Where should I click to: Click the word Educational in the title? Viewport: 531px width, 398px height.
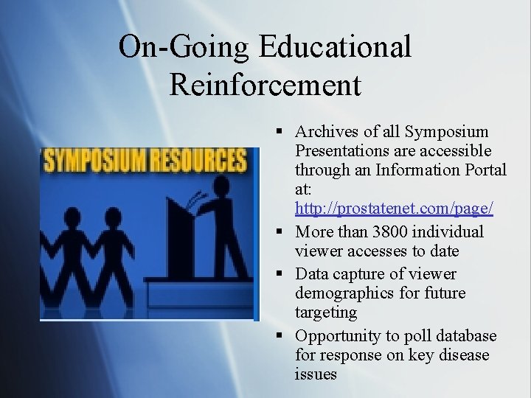click(335, 48)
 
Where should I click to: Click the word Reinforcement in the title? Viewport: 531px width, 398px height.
click(265, 85)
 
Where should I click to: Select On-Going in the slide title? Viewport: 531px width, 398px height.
click(185, 48)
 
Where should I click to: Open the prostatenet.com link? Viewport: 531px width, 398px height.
click(394, 209)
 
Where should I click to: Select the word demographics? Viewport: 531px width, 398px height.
click(344, 293)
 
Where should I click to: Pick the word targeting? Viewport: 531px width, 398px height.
click(326, 313)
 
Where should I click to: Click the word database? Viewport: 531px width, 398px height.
click(465, 336)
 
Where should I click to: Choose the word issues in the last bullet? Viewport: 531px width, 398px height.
click(316, 374)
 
